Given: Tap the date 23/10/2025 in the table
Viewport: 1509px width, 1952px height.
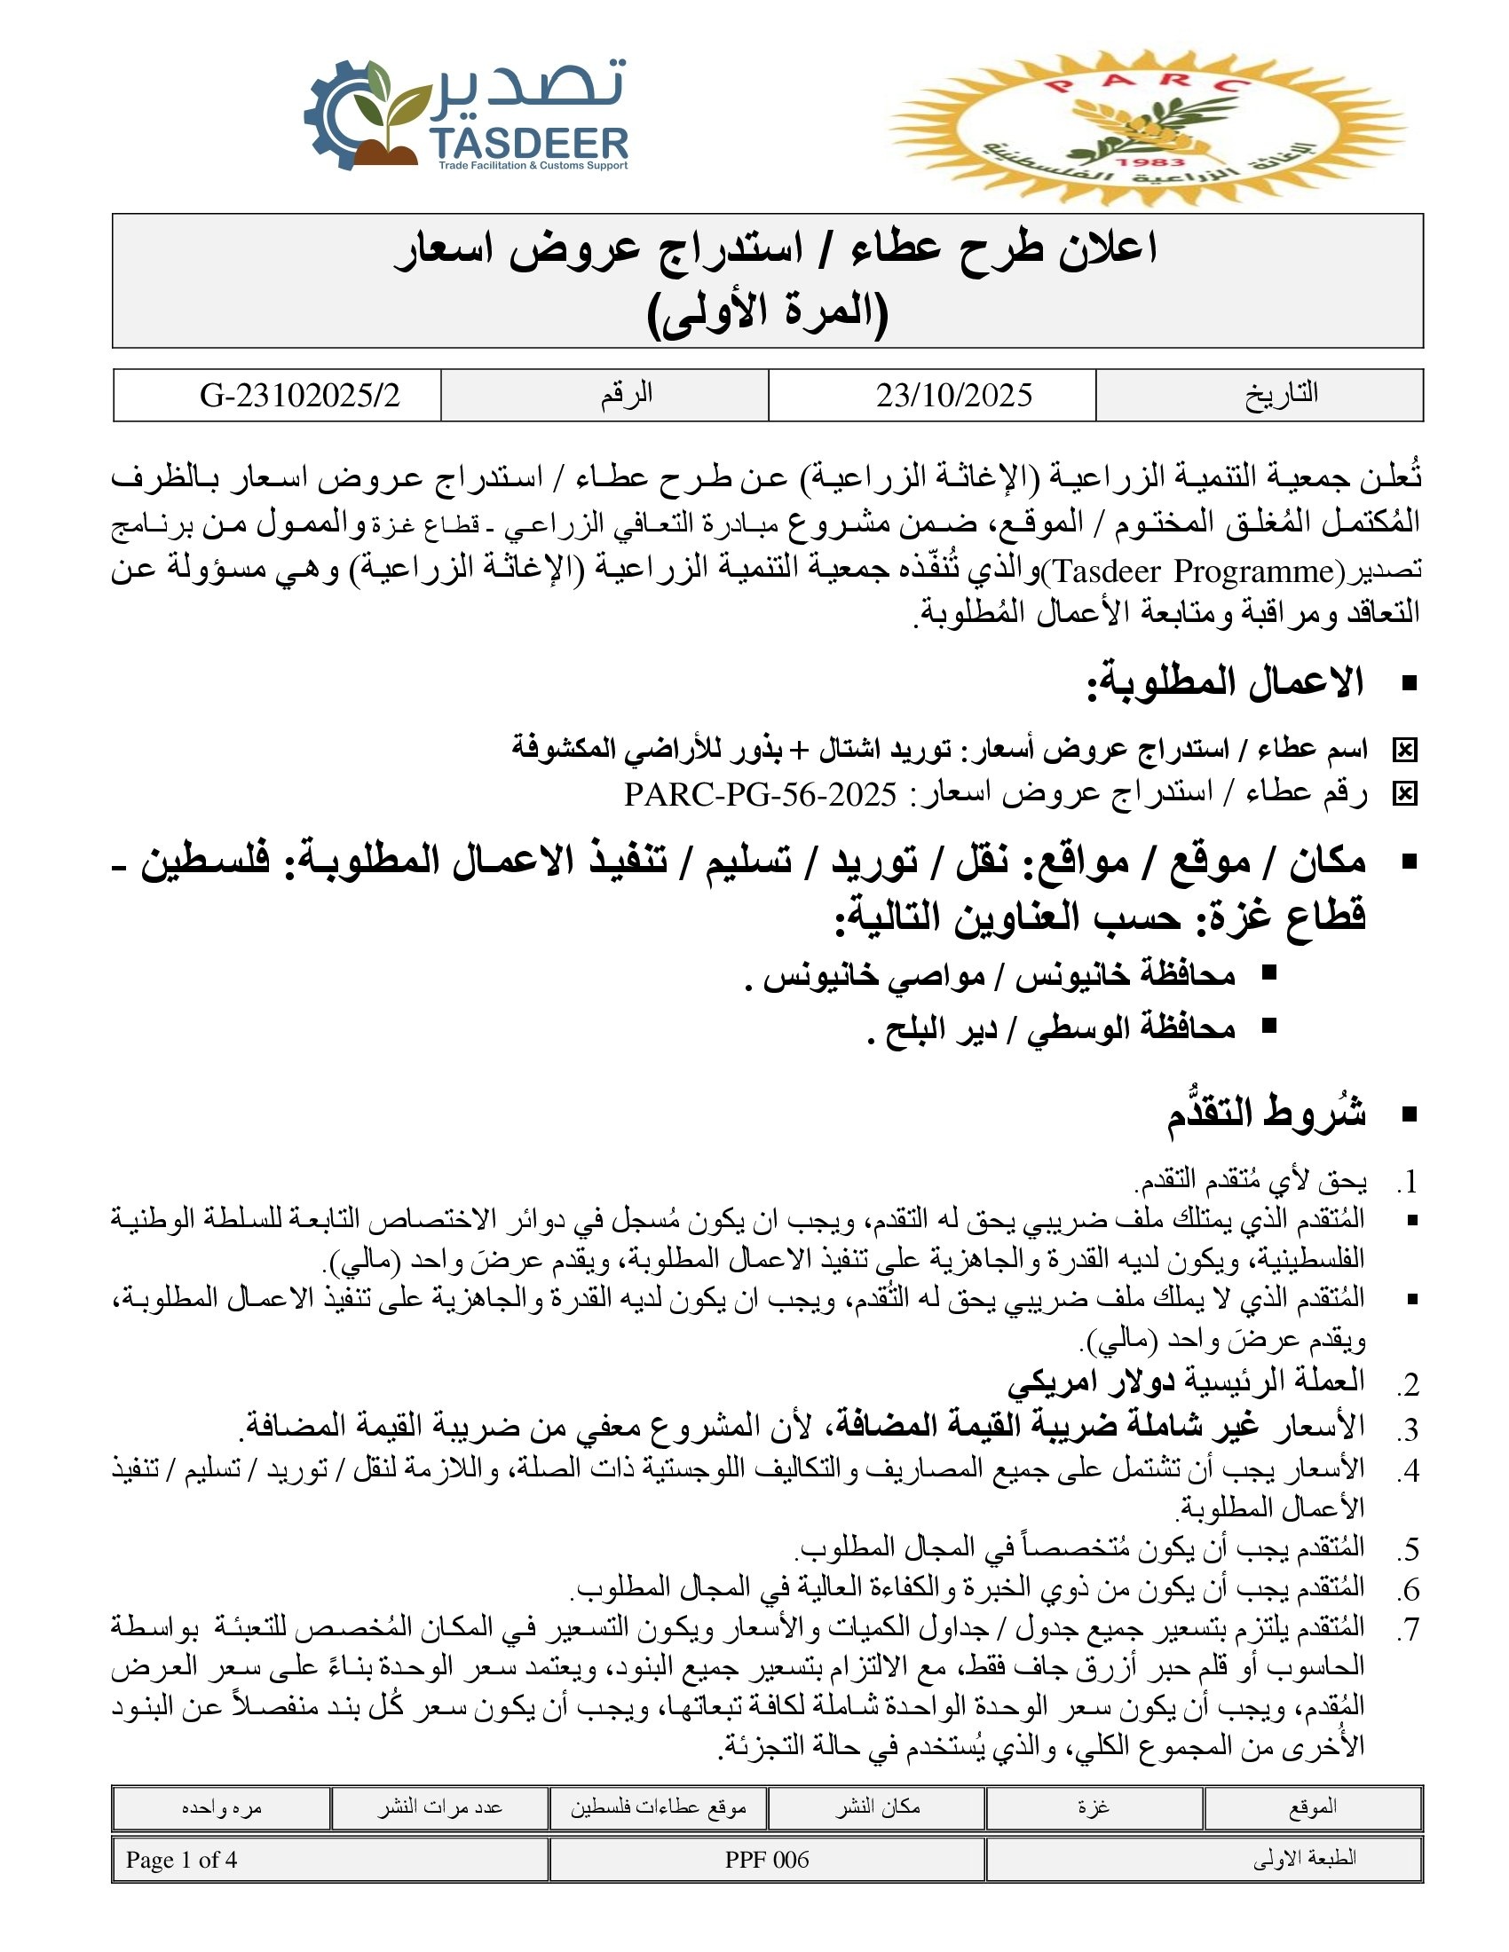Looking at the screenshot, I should click(x=954, y=395).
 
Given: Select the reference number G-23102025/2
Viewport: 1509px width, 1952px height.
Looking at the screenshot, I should click(x=300, y=395).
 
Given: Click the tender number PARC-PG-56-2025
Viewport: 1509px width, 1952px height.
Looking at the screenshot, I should click(x=760, y=794).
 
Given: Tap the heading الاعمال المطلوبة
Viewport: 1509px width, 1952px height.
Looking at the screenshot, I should click(x=1225, y=683).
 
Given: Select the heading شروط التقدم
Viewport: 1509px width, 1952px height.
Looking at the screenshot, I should click(x=1266, y=1114).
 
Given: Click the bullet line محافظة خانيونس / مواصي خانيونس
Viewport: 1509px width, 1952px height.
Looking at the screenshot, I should click(x=999, y=974).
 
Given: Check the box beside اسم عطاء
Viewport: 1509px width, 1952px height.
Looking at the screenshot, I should click(x=1404, y=751).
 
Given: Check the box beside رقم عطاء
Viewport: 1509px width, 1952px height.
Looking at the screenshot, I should click(x=1404, y=794).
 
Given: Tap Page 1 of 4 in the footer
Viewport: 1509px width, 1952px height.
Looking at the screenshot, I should click(x=181, y=1860).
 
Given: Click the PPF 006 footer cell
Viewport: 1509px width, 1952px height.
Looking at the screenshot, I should click(x=766, y=1860).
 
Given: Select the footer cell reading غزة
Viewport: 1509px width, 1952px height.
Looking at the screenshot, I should click(x=1094, y=1808).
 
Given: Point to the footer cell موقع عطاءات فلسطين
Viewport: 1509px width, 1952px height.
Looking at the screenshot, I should click(x=658, y=1808).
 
